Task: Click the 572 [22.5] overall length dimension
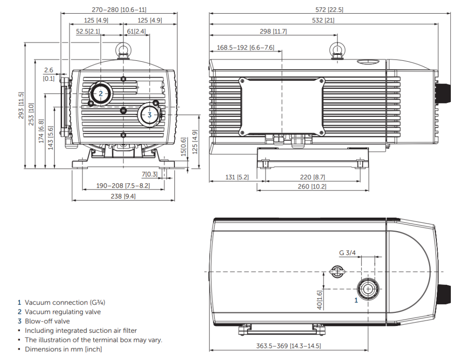tap(329, 10)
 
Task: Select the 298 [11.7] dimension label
tap(273, 31)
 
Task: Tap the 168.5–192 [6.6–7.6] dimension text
tap(245, 48)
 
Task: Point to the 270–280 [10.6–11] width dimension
tap(119, 10)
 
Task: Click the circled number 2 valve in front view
tap(101, 93)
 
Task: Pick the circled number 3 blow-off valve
tap(150, 115)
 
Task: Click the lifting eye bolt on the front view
tap(123, 50)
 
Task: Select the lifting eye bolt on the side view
tap(337, 50)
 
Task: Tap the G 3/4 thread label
tap(347, 253)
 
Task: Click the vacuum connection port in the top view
tap(368, 289)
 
